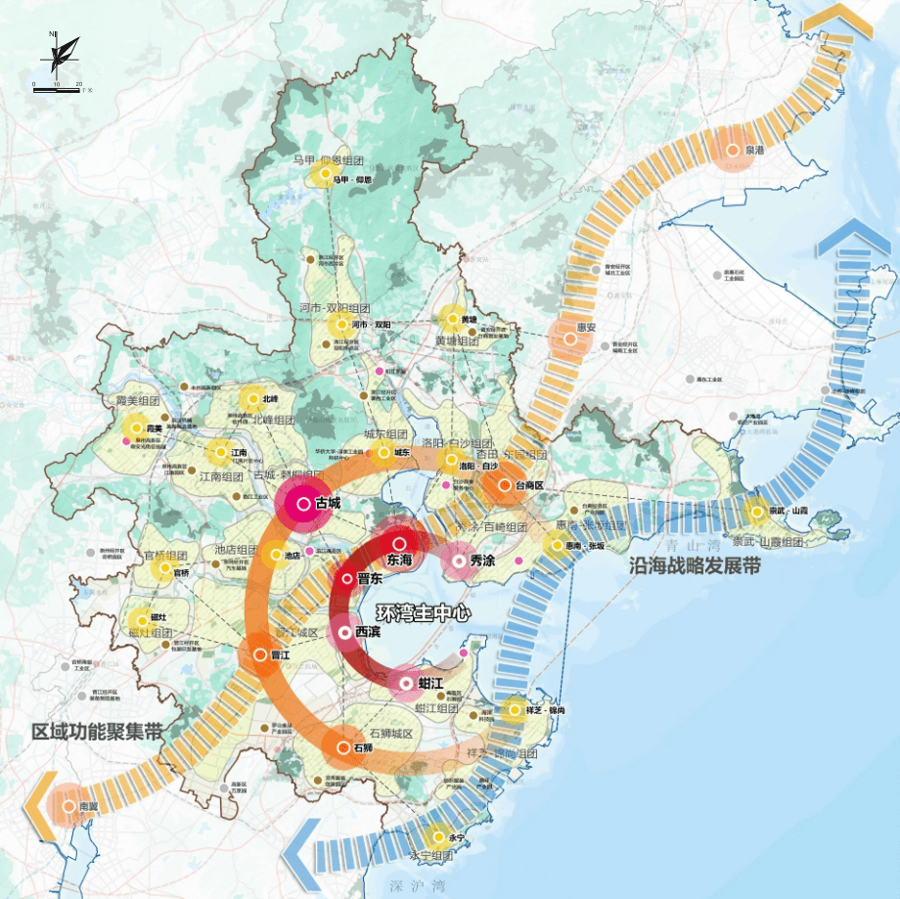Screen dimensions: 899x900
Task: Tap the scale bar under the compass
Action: tap(58, 86)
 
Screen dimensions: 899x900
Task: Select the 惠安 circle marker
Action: tap(569, 338)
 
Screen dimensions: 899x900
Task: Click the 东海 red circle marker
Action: tap(399, 544)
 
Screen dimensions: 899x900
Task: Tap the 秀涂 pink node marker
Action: tap(458, 561)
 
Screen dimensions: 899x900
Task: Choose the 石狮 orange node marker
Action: tap(342, 748)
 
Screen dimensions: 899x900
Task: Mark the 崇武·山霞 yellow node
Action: tap(755, 510)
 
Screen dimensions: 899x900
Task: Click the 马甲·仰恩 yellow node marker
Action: tap(322, 176)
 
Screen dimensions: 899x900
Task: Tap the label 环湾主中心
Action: tap(423, 614)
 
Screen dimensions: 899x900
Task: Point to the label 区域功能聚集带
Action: tap(96, 732)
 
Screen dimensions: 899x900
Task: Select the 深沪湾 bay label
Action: tap(405, 882)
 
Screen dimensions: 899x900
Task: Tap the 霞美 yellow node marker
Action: tap(134, 427)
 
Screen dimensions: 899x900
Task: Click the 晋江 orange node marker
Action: tap(261, 655)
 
